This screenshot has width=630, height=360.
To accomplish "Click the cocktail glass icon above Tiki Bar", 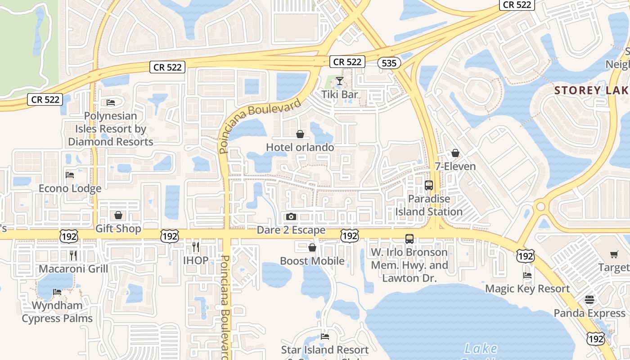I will point(340,81).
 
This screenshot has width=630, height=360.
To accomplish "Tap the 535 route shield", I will point(389,63).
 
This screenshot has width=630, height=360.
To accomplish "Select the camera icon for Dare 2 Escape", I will point(291,217).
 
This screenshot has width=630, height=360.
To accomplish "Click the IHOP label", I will point(196,260).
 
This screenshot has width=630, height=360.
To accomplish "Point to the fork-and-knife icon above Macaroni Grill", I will point(73,256).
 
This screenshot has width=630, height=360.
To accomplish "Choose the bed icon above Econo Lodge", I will point(70,175).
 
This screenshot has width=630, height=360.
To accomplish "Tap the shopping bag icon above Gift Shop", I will point(118,215).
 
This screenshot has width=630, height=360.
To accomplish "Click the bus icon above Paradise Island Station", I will point(429,185).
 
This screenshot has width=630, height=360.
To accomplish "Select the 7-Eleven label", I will point(455,166).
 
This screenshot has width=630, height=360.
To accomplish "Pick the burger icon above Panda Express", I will point(589,300).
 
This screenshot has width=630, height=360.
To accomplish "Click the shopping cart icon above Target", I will point(614,255).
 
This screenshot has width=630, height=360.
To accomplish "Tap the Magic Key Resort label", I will point(527,289).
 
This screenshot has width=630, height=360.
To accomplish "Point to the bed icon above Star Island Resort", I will point(325,336).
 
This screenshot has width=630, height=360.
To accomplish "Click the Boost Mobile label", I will point(312,261).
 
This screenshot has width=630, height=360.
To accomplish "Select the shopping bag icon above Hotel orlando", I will point(300,134).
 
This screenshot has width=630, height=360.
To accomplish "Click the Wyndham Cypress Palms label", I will point(57,312).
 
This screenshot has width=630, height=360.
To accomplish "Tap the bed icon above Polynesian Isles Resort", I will point(111,103).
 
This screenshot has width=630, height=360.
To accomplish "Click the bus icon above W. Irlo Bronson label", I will point(409,239).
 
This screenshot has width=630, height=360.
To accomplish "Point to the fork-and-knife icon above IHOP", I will point(196,247).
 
